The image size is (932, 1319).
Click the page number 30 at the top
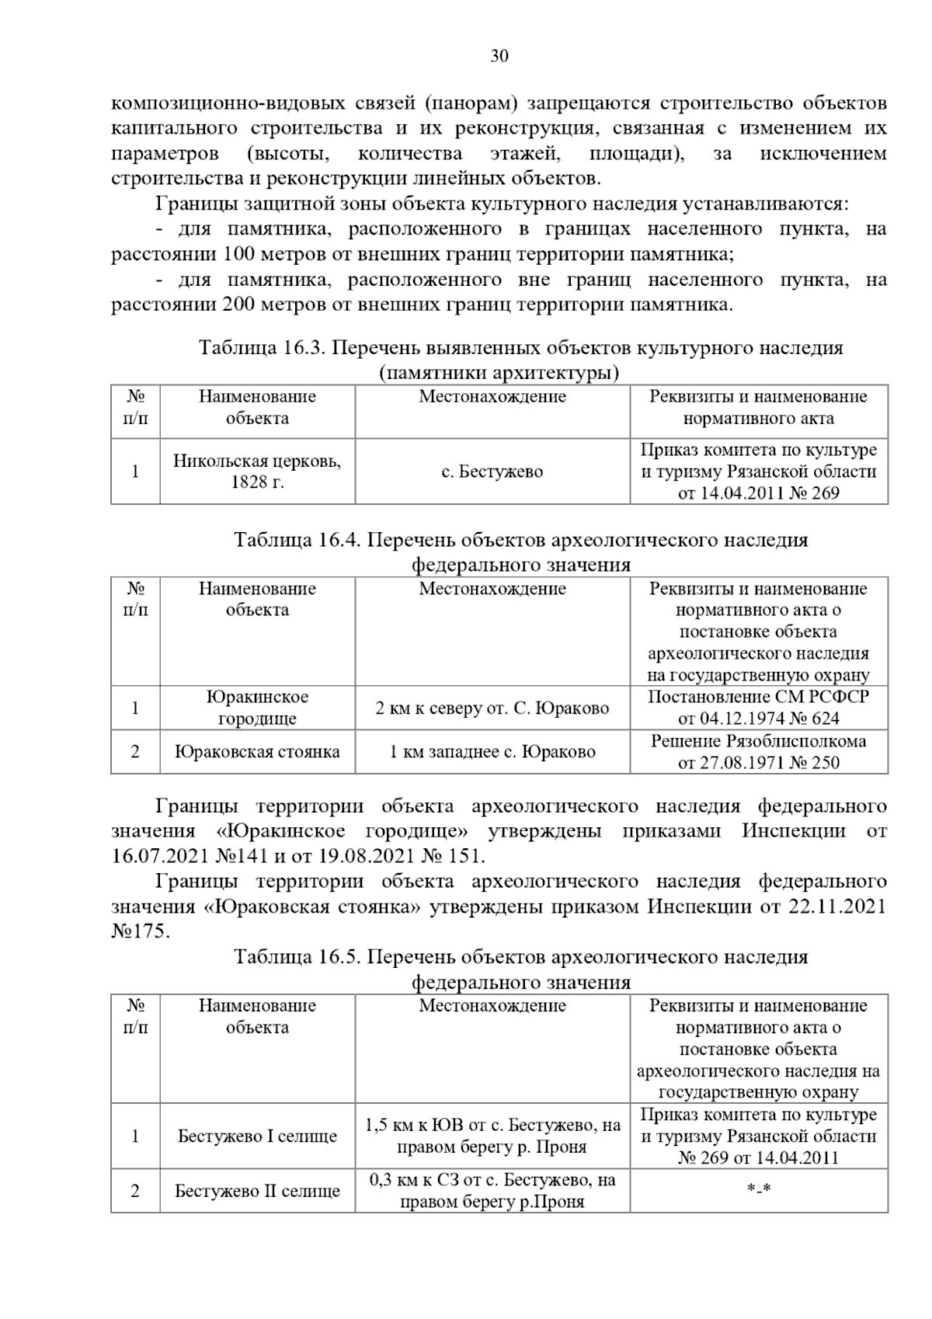tap(499, 56)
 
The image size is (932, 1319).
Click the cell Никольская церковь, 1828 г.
tap(257, 472)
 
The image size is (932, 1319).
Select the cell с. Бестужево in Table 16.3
tap(492, 472)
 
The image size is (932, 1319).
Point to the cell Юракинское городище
tap(257, 708)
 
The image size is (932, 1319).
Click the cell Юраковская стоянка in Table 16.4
tap(257, 752)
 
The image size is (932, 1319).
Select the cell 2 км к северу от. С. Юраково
tap(492, 708)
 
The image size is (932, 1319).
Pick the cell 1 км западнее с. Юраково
tap(492, 752)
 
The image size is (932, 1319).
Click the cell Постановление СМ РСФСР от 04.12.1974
tap(758, 708)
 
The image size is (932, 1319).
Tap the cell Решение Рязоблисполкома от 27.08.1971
tap(758, 752)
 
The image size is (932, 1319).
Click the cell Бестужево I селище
tap(257, 1136)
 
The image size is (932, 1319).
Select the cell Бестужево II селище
tap(257, 1191)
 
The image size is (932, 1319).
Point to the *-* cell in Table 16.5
tap(758, 1191)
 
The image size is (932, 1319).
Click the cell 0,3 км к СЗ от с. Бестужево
tap(492, 1191)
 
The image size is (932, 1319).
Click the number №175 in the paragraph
tap(141, 931)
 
